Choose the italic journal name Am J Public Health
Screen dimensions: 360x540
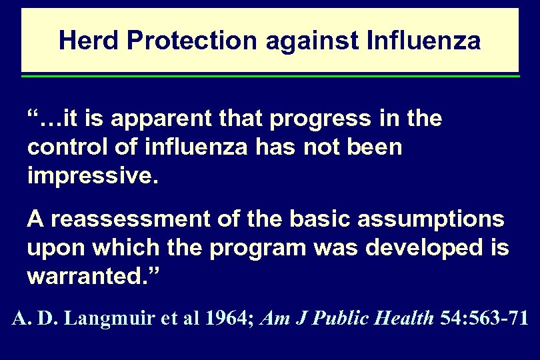(349, 319)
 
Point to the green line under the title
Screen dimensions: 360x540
(270, 76)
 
